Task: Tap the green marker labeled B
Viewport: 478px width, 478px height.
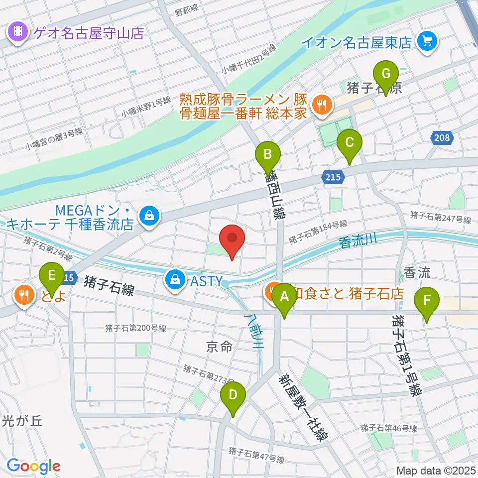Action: tap(267, 157)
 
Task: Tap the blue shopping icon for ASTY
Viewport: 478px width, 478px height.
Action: tap(175, 280)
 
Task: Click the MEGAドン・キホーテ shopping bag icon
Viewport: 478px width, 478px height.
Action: tap(148, 216)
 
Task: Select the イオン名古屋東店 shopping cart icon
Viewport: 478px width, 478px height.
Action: tap(427, 41)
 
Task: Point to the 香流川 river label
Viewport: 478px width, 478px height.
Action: tap(358, 241)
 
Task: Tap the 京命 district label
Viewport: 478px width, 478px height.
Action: tap(220, 347)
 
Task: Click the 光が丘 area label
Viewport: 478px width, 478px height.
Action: tap(23, 420)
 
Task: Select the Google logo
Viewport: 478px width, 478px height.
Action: tap(33, 466)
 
